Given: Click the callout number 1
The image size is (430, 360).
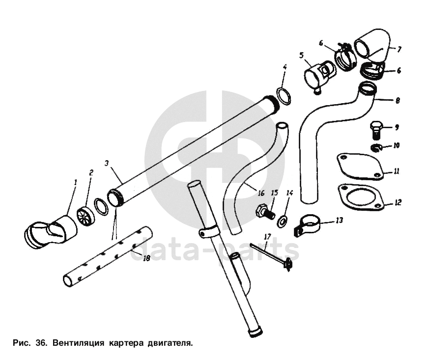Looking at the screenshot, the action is [x=76, y=182].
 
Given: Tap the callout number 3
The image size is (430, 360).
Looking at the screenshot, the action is [x=107, y=163].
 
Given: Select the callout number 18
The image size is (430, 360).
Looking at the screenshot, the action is [x=147, y=258].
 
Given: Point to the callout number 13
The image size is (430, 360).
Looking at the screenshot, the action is [x=339, y=220].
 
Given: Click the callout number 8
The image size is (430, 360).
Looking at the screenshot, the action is [x=398, y=101].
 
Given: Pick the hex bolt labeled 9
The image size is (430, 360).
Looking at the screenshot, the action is [x=376, y=130].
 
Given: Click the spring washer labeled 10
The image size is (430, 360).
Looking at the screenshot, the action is [x=376, y=148].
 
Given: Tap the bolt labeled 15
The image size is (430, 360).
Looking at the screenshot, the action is [x=265, y=211].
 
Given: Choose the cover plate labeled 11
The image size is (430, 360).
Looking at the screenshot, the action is [x=360, y=167].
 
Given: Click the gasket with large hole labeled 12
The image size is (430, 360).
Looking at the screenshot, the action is [x=360, y=197].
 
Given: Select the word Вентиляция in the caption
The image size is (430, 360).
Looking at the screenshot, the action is [x=78, y=343].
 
